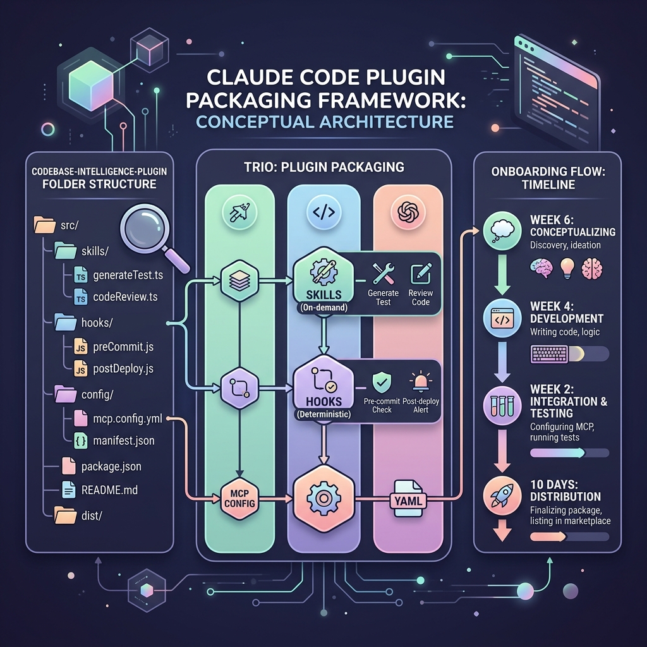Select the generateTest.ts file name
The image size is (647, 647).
[x=128, y=275]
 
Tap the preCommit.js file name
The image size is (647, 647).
[x=123, y=347]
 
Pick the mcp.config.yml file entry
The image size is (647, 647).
[x=128, y=419]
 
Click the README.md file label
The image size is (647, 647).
[x=109, y=490]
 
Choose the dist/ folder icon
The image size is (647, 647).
[x=65, y=515]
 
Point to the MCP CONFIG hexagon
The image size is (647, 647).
[x=239, y=499]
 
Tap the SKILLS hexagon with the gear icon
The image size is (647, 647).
[x=324, y=281]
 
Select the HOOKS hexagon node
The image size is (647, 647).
[x=324, y=389]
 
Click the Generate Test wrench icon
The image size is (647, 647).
[x=383, y=274]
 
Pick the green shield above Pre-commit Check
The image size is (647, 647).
[x=381, y=382]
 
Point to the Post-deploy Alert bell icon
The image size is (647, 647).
[x=421, y=382]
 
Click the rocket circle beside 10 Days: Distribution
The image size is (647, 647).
[x=502, y=495]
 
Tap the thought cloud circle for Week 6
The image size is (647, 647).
[x=502, y=231]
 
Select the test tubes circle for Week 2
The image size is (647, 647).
[x=502, y=406]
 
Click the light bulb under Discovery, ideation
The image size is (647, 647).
[x=567, y=268]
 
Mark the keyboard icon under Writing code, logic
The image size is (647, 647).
[x=549, y=354]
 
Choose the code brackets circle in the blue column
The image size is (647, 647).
[x=324, y=212]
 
